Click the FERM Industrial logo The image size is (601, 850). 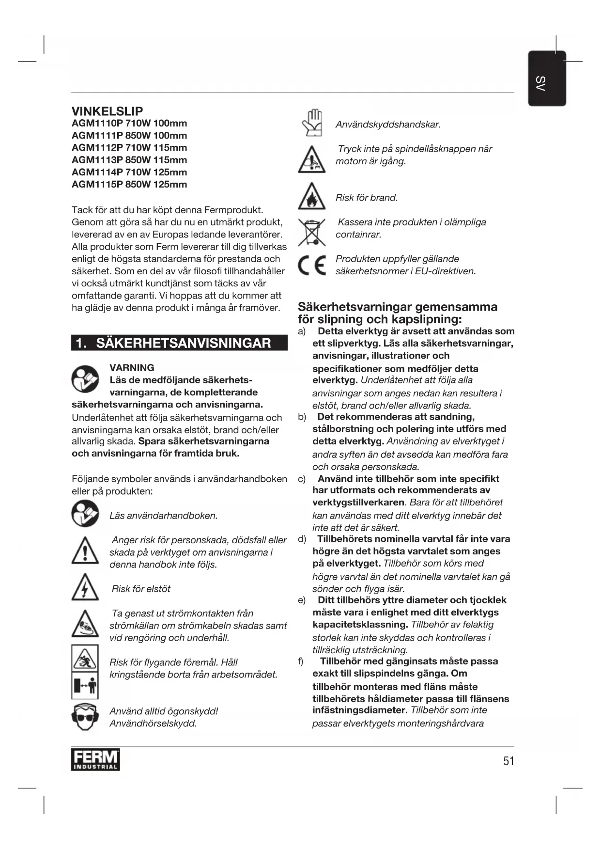tap(95, 760)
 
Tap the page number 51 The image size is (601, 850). tap(509, 761)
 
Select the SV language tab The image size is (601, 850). tap(547, 79)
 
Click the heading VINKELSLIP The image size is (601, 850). tap(107, 111)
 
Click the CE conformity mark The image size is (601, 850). tap(312, 265)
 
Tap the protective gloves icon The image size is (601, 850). tap(312, 123)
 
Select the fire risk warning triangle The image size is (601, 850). tap(312, 197)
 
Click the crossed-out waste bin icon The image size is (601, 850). tap(312, 232)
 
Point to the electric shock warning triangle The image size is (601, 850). tap(85, 588)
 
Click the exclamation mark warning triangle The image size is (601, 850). tap(85, 551)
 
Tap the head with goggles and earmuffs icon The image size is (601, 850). tap(85, 717)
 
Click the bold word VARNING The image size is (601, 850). tap(132, 368)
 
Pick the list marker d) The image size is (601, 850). tap(302, 539)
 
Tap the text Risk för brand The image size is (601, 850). tap(367, 198)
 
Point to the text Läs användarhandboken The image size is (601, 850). tap(163, 516)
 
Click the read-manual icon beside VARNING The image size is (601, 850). tap(85, 379)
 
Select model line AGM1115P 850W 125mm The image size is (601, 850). tap(129, 184)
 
